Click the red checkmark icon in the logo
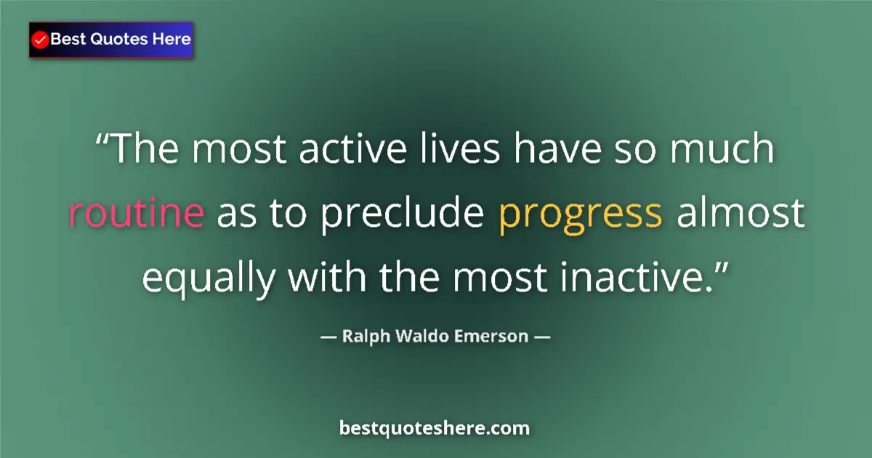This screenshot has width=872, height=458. [x=41, y=40]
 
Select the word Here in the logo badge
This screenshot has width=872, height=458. [x=171, y=39]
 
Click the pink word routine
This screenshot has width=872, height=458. [x=136, y=212]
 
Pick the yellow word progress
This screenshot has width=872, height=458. [x=581, y=214]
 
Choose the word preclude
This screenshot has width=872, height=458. [x=401, y=214]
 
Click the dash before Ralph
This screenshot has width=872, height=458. [x=328, y=337]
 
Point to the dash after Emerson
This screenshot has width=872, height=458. [x=542, y=337]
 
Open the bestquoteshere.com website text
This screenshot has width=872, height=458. [x=435, y=428]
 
